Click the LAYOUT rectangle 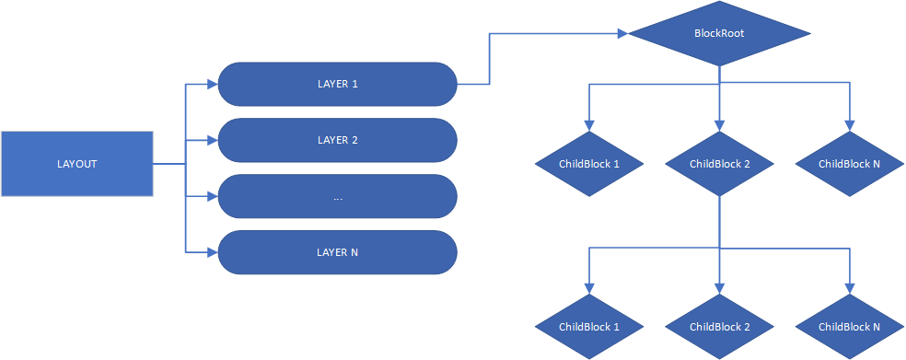(x=76, y=164)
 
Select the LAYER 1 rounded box (x=337, y=85)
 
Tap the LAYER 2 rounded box (x=337, y=140)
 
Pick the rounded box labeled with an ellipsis (x=337, y=197)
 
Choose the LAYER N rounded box (x=337, y=252)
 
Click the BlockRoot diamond (x=719, y=34)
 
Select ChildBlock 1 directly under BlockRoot (x=589, y=164)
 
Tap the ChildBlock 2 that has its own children (x=719, y=164)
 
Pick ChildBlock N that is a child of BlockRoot (x=849, y=164)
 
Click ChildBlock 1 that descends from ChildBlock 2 (x=589, y=327)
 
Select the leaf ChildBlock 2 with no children (x=719, y=327)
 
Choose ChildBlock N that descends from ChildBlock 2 (x=849, y=327)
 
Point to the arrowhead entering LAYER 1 (x=212, y=85)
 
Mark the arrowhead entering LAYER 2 (x=212, y=140)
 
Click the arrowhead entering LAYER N (x=212, y=252)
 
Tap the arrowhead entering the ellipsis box (x=212, y=197)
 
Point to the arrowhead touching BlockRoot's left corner (x=621, y=34)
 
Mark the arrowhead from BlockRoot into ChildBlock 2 (x=719, y=126)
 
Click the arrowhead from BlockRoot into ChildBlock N (x=849, y=126)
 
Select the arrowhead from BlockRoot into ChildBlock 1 (x=589, y=126)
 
